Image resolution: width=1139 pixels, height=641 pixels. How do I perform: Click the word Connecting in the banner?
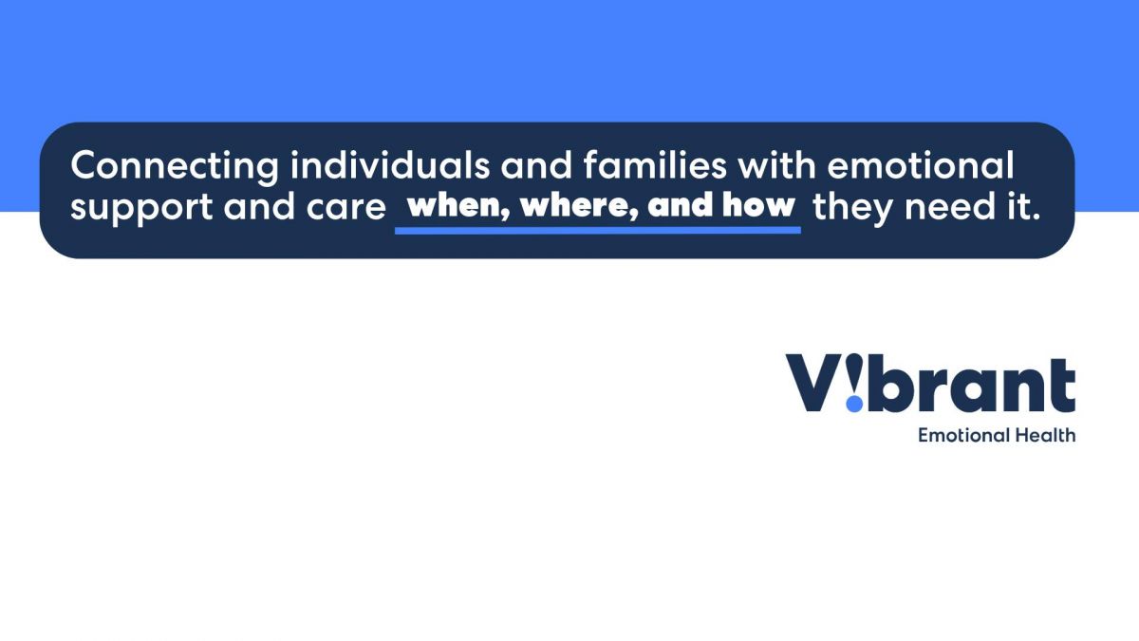point(175,167)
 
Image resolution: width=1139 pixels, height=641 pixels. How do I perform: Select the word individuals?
point(390,165)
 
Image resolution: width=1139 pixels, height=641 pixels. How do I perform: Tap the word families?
point(655,165)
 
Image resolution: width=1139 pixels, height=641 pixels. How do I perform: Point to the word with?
point(777,165)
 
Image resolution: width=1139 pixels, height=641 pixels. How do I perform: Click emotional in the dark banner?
point(921,165)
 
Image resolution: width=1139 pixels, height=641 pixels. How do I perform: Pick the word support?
point(141,209)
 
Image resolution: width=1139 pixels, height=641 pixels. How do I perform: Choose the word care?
point(346,209)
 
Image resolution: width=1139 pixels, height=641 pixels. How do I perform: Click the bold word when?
point(458,206)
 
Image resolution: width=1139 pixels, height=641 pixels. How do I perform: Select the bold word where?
point(580,206)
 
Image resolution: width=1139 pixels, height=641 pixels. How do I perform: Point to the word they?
point(852,209)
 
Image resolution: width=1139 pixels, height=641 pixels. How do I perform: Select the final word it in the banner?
point(1023,207)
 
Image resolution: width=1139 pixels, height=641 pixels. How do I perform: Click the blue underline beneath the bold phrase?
point(598,231)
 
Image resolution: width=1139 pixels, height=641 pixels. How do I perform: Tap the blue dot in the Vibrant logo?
point(855,404)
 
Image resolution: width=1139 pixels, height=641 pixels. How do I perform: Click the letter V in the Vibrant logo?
point(813,383)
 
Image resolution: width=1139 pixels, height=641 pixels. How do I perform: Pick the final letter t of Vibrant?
point(1062,386)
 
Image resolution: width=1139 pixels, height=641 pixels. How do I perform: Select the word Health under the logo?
point(1045,436)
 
